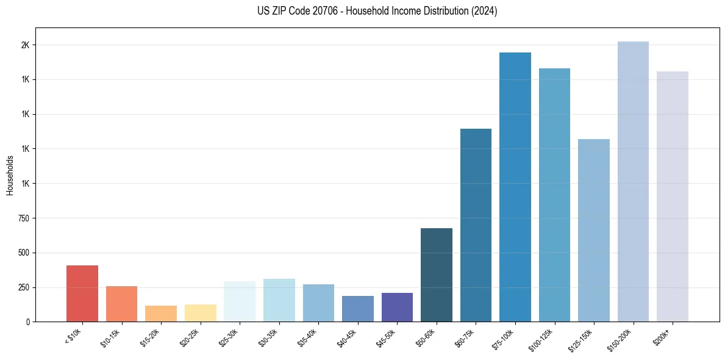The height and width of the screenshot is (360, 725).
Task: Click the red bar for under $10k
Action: coord(82,293)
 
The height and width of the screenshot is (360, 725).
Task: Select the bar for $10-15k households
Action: coord(121,304)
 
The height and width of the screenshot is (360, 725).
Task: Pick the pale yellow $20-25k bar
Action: coord(200,313)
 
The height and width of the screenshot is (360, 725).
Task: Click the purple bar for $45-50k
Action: coord(397,307)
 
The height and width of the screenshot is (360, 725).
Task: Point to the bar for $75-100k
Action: coord(515,187)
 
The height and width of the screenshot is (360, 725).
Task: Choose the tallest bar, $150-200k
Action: coord(633,181)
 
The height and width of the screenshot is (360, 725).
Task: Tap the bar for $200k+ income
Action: coord(673,196)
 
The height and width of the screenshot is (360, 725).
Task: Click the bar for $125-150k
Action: coord(594,230)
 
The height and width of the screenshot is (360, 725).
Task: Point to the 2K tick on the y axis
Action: coord(25,45)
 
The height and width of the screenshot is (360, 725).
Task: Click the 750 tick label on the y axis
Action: coord(23,218)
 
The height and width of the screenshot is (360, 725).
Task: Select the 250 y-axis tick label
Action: coord(23,287)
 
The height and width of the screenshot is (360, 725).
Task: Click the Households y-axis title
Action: coord(10,175)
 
